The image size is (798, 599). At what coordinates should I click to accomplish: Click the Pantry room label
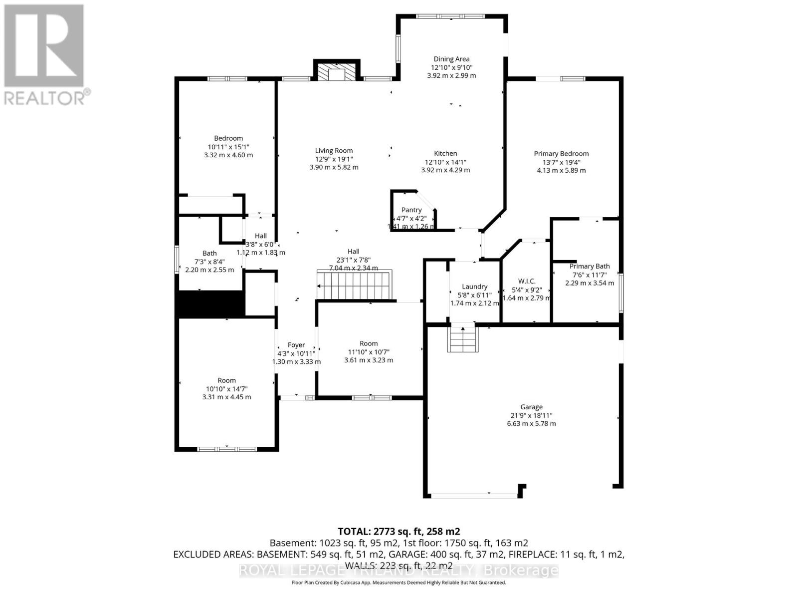[x=411, y=210]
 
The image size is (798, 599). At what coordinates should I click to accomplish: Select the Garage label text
[x=531, y=407]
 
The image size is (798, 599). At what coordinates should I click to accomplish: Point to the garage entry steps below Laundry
[x=462, y=338]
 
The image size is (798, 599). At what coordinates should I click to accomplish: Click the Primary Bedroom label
[x=561, y=154]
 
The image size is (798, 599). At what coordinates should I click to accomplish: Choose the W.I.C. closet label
[x=527, y=282]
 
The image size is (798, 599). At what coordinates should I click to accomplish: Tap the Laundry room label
[x=474, y=287]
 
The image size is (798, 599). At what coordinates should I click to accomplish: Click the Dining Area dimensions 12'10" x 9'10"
[x=451, y=67]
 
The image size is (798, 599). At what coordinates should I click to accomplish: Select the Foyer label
[x=296, y=345]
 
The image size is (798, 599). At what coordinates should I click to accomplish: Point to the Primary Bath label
[x=590, y=267]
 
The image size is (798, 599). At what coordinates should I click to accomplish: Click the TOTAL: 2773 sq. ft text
[x=399, y=531]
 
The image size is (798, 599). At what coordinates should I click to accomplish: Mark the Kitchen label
[x=445, y=154]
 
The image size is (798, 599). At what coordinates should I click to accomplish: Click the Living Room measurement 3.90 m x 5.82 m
[x=334, y=167]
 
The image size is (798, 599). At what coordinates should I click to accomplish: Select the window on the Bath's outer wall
[x=177, y=259]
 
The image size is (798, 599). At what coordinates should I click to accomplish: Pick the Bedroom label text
[x=228, y=138]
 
